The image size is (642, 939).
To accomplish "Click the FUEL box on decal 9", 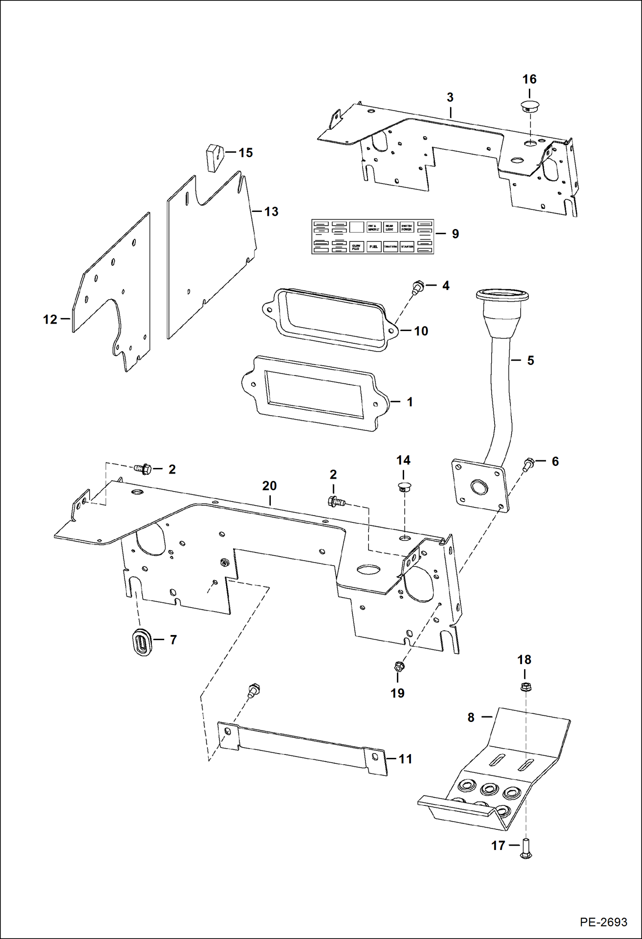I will click(x=374, y=247).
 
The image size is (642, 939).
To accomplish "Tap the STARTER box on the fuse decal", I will click(x=407, y=247).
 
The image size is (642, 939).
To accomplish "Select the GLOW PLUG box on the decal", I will click(x=357, y=247).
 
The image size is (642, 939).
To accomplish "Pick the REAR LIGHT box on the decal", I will click(x=390, y=227).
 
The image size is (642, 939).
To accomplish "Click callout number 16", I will click(x=529, y=79).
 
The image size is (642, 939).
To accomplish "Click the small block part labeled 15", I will click(x=216, y=157).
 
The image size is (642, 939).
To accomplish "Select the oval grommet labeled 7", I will click(x=141, y=641).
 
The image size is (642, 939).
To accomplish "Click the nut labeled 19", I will click(x=398, y=666).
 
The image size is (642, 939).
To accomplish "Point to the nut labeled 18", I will click(x=525, y=688).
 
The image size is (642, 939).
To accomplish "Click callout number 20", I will click(x=269, y=486).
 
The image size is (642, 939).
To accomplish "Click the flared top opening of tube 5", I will click(x=502, y=295).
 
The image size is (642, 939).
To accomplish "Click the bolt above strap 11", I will click(x=253, y=689).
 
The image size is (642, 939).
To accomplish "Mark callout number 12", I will click(x=50, y=319).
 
